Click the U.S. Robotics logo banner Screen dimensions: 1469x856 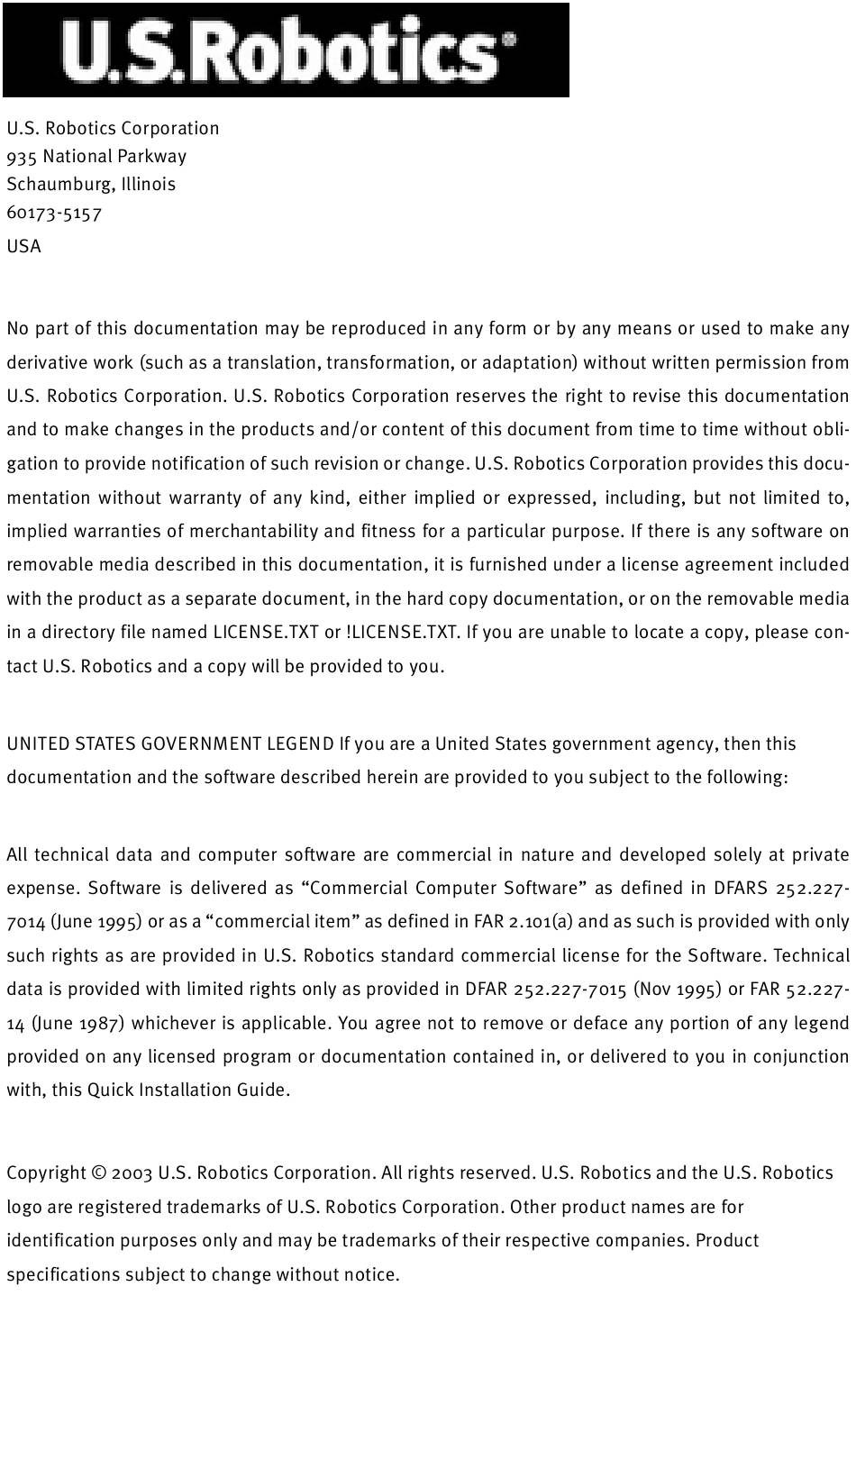pos(286,50)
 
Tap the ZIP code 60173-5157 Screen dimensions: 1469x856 pos(54,214)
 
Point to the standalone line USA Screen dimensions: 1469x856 pos(23,247)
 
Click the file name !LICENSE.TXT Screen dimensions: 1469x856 pos(403,632)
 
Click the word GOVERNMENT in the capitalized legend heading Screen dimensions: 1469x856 pos(202,744)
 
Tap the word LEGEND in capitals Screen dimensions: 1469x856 pos(300,744)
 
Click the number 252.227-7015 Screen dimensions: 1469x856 pos(569,990)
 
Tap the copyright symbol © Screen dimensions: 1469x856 pos(99,1173)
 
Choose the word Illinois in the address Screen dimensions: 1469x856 pos(149,185)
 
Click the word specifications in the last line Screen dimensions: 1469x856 pos(63,1275)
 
